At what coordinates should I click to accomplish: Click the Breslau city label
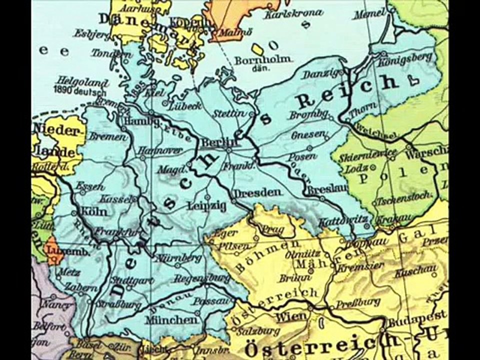[322, 190]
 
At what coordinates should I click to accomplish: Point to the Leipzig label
[206, 205]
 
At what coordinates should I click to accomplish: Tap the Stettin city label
[228, 114]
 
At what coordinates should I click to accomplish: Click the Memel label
[370, 13]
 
